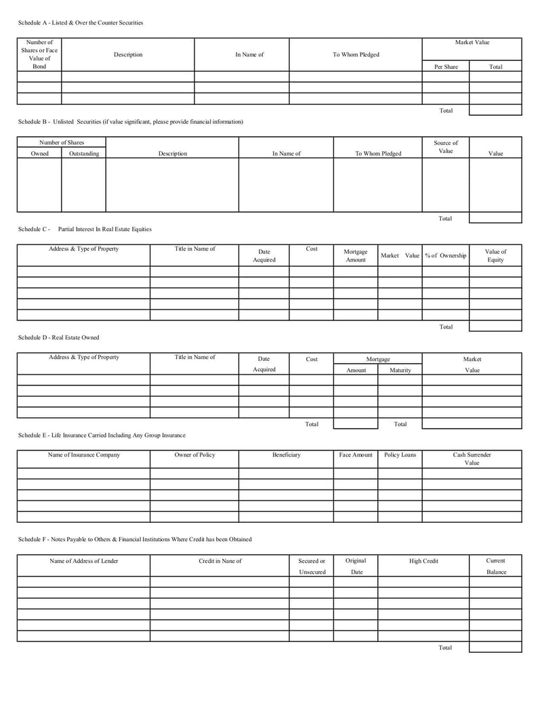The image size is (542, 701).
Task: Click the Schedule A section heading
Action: pos(81,23)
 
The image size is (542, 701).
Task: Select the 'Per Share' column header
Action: pos(446,66)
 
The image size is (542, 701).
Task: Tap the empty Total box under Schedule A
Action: pos(495,110)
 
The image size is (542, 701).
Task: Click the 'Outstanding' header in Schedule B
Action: pos(84,154)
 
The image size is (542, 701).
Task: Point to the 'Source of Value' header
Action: pos(446,147)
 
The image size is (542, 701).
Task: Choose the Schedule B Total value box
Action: pos(495,218)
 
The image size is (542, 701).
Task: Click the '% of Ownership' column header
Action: pos(446,255)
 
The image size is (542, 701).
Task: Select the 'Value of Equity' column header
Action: pos(495,255)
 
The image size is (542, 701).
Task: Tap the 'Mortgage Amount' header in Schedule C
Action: pos(356,255)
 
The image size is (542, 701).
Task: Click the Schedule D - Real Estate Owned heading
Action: pos(58,337)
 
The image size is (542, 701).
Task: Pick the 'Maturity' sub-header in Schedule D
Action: pos(400,370)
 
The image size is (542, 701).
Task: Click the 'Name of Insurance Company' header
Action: pos(84,455)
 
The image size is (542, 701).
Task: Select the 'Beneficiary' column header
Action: pos(287,455)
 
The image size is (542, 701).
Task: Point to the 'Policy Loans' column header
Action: pos(400,455)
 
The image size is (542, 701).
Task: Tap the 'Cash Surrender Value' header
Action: pos(472,459)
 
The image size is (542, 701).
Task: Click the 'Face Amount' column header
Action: pos(356,455)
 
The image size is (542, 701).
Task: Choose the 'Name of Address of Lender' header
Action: pos(84,561)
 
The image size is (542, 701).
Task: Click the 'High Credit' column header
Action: pos(423,561)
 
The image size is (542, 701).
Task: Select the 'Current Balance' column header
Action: pos(496,566)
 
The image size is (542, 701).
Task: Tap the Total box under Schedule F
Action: pos(495,647)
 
